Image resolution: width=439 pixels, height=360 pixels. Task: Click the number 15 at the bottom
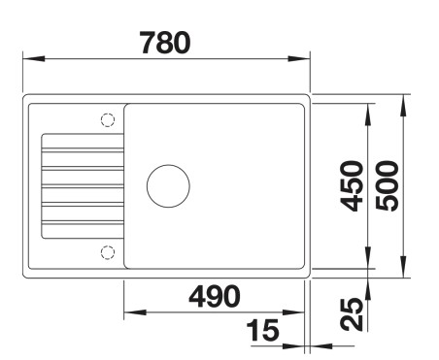(261, 332)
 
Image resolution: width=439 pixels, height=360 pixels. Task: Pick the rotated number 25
(355, 312)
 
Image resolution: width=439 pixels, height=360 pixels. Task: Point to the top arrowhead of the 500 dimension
(405, 101)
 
